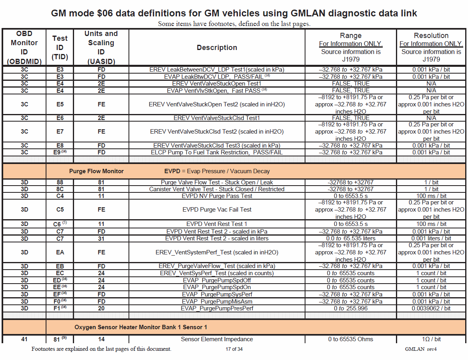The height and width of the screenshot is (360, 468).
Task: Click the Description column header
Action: tap(217, 48)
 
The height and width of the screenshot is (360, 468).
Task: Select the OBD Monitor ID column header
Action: tap(24, 47)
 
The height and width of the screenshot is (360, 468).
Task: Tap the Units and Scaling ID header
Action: tap(101, 47)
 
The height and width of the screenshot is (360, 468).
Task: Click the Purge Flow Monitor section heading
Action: tap(96, 171)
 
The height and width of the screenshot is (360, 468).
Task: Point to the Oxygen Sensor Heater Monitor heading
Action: tap(141, 327)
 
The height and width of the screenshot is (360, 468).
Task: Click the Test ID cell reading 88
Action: tap(60, 182)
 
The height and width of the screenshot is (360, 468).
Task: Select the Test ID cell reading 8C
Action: tap(60, 189)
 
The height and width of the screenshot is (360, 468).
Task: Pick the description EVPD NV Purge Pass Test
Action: tap(217, 196)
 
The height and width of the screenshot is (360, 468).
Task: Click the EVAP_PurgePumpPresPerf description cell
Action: tap(217, 308)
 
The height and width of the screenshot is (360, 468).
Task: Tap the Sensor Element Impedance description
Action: tap(217, 339)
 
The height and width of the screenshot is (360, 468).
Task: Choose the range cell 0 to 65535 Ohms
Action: tap(350, 339)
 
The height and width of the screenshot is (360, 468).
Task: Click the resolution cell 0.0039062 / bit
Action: tap(431, 308)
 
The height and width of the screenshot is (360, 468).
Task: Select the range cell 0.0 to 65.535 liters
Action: tap(350, 238)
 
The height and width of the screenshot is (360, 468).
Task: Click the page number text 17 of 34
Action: tap(234, 349)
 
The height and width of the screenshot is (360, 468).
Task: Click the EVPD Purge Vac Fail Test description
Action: tap(217, 210)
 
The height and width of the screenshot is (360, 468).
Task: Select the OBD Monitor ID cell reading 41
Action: tap(24, 339)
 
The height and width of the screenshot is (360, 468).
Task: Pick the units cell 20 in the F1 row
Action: tap(101, 308)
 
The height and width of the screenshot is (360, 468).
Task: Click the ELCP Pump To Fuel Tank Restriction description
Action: tap(217, 152)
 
